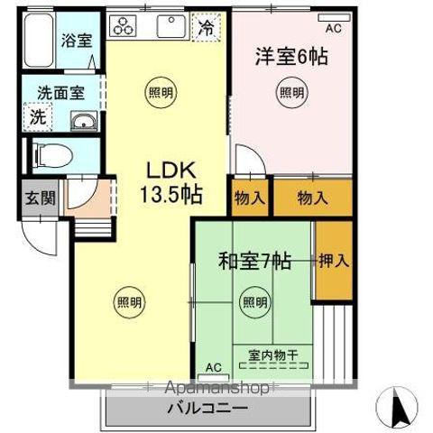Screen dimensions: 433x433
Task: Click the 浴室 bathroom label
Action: tap(75, 40)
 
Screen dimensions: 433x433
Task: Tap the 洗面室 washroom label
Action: tap(61, 92)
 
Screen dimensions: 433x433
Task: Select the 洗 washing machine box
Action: tap(38, 116)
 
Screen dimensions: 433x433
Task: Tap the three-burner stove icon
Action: tap(124, 27)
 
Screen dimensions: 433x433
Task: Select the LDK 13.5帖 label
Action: tap(169, 180)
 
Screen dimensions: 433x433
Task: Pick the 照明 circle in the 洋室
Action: tap(290, 91)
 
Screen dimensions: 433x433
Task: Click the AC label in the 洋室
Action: tap(333, 28)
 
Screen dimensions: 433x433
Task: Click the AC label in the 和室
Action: tap(213, 367)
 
